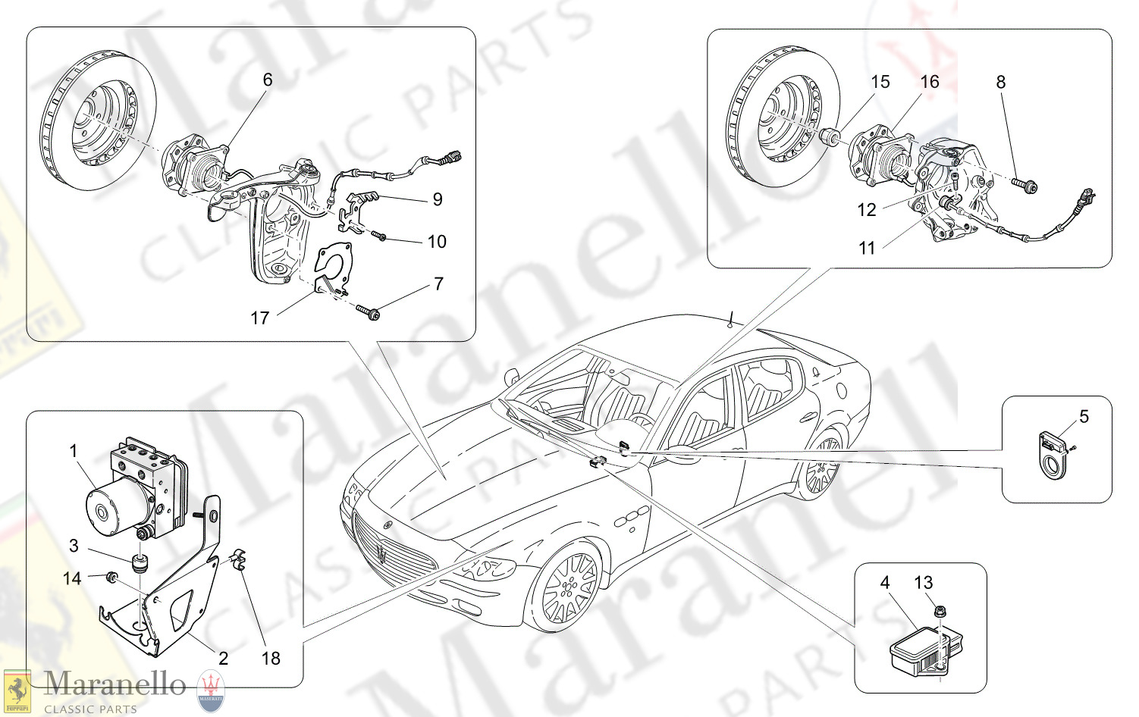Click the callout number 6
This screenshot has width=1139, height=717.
click(267, 80)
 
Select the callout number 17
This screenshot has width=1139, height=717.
click(259, 318)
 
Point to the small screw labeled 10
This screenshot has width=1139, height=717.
click(380, 237)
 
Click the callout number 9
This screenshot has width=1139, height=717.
click(438, 199)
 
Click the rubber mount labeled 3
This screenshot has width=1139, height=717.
click(140, 564)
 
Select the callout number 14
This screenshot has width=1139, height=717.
click(71, 578)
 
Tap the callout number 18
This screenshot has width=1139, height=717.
click(271, 658)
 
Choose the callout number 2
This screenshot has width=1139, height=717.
click(223, 658)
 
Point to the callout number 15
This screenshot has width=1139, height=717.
click(880, 82)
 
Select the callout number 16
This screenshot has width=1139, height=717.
click(930, 82)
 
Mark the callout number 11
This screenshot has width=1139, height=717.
click(867, 248)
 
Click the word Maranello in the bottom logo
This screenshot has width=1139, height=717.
click(115, 684)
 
